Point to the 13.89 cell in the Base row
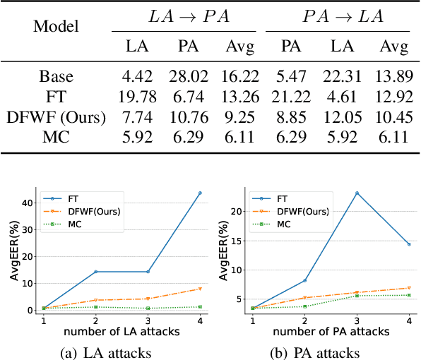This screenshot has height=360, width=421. point(393,76)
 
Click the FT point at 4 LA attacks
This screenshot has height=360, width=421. point(200,193)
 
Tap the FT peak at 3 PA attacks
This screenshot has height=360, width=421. point(357,193)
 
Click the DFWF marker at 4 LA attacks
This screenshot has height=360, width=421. point(200,289)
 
